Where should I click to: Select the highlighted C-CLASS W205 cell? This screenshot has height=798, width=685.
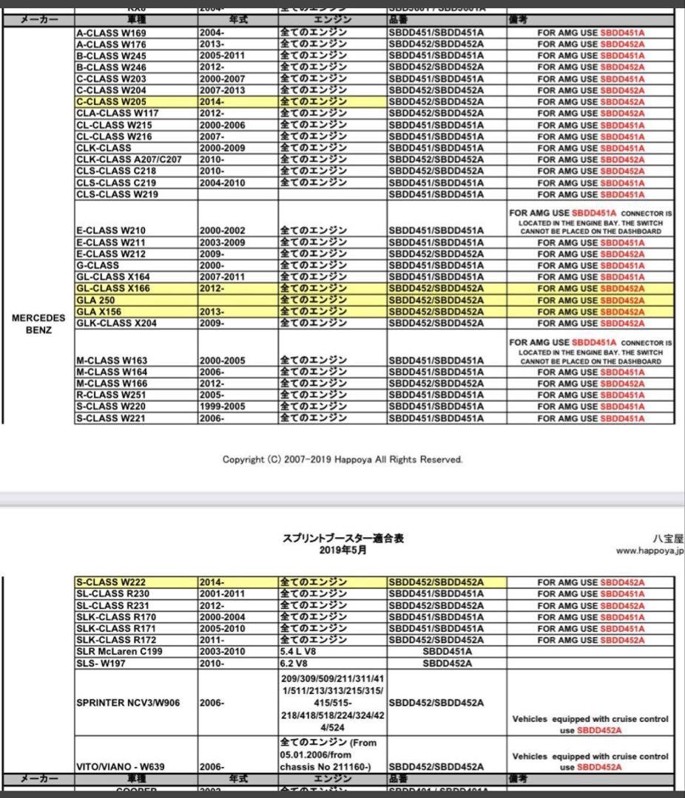[112, 102]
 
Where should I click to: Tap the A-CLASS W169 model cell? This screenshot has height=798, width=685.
[112, 33]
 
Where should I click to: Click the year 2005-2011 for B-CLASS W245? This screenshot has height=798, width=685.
[222, 56]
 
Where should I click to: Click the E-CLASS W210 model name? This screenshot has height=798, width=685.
[111, 231]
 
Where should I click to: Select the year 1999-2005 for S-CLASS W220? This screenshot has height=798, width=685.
[222, 406]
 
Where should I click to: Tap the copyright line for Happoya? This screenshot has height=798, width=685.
[342, 460]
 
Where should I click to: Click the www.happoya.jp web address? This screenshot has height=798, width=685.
[649, 551]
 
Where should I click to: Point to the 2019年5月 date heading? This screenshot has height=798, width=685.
[342, 550]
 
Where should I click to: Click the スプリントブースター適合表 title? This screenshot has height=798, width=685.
[342, 539]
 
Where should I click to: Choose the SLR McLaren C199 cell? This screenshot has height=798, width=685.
[119, 651]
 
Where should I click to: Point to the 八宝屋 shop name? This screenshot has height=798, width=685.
[669, 539]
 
